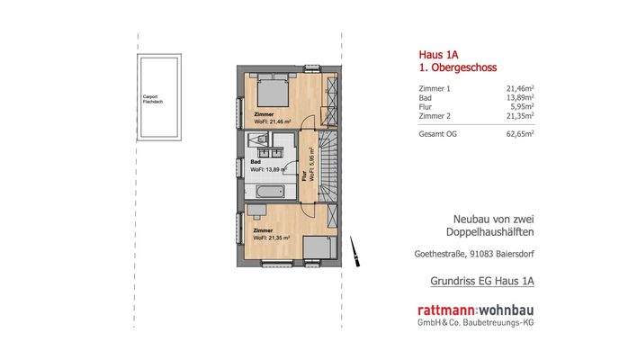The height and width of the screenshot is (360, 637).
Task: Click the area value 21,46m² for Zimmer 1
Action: (x=519, y=88)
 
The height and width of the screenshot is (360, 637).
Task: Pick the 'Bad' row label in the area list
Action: (x=426, y=97)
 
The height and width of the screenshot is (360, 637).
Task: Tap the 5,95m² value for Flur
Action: (x=521, y=106)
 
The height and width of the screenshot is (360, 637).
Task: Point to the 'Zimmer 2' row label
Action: (x=435, y=115)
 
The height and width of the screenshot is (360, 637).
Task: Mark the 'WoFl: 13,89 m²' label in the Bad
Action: (x=269, y=168)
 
